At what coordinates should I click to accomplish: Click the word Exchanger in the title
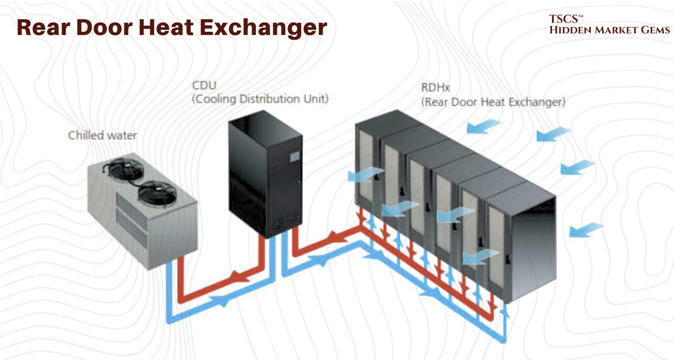[263, 27]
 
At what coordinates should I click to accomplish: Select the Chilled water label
[102, 135]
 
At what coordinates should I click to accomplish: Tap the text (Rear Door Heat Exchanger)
[493, 102]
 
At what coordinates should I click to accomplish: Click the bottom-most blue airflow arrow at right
[585, 231]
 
